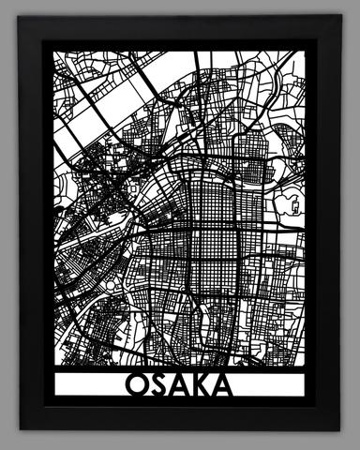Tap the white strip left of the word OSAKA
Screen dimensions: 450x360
click(89, 386)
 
